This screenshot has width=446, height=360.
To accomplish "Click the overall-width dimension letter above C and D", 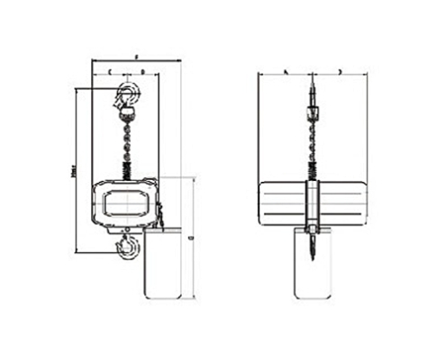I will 136,57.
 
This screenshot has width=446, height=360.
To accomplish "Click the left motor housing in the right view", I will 281,202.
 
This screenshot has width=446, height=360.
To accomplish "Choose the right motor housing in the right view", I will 344,202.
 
